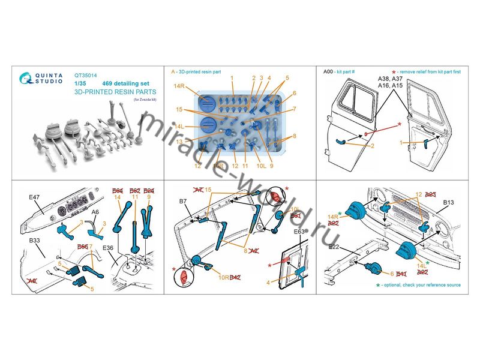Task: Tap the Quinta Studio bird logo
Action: tap(26, 79)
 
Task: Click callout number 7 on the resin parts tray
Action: tap(294, 109)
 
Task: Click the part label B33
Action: tap(33, 240)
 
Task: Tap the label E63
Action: tap(299, 231)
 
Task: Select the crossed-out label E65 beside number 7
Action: tap(84, 247)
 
